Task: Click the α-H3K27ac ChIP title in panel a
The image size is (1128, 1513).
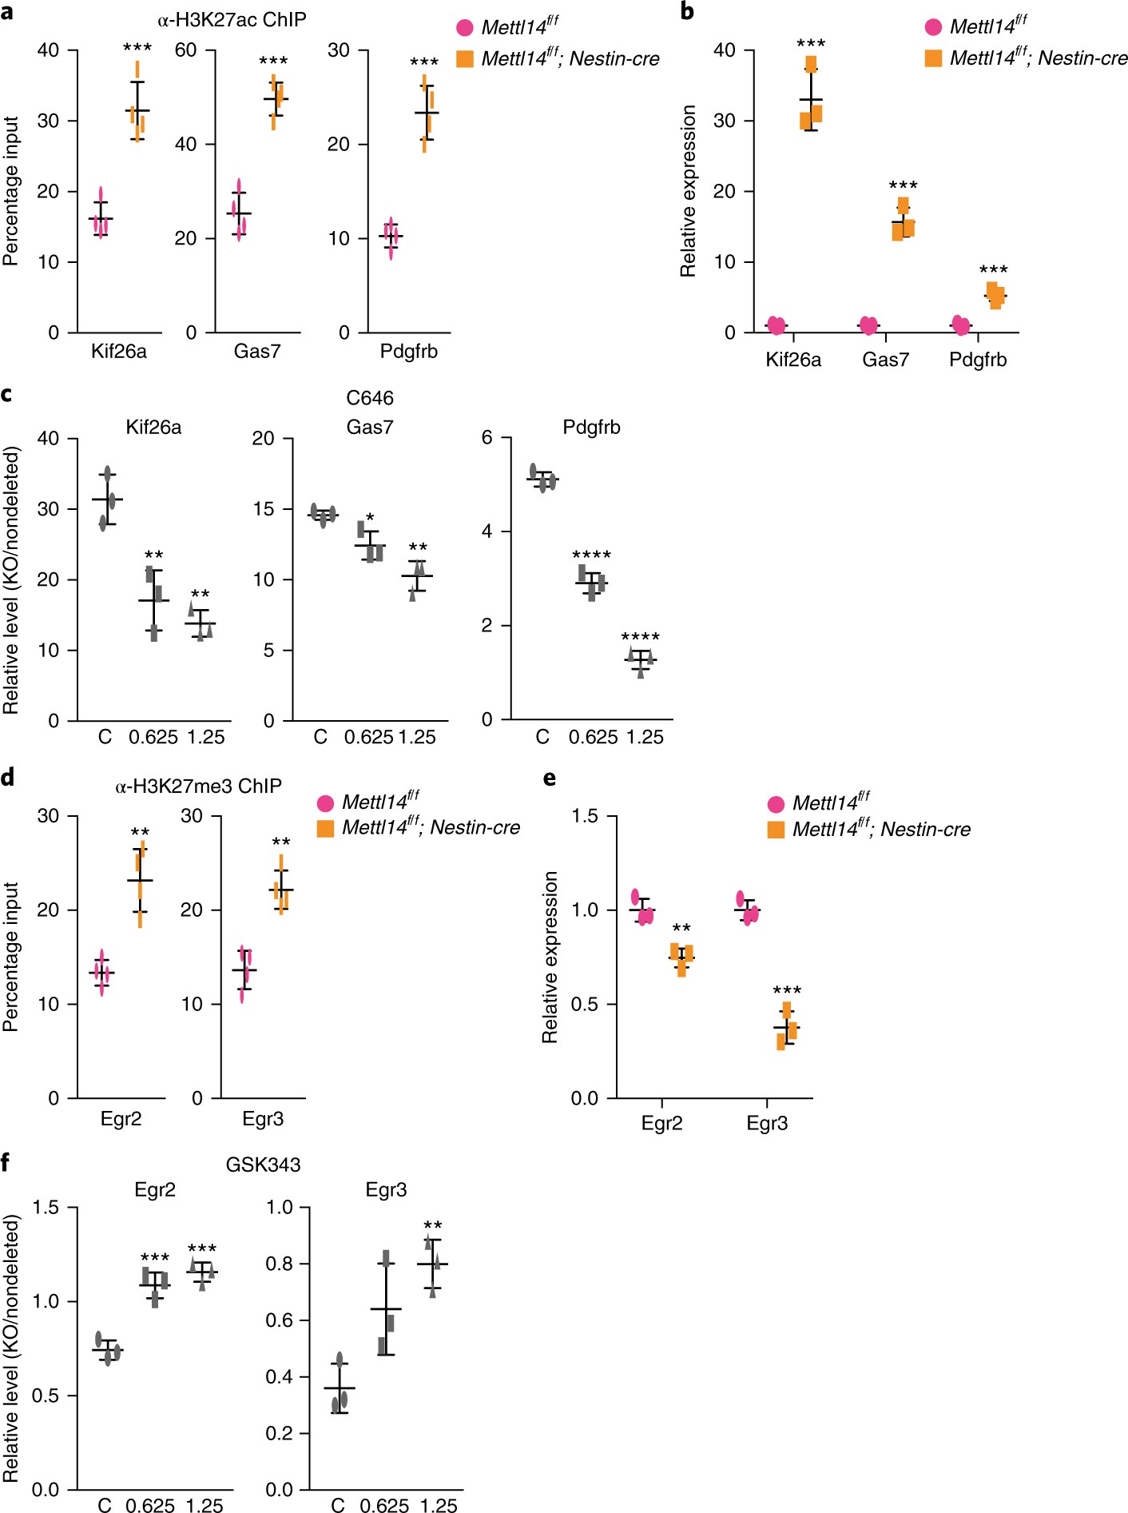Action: pyautogui.click(x=232, y=19)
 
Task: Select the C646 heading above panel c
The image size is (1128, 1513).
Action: pyautogui.click(x=370, y=397)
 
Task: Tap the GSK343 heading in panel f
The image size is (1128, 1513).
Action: pyautogui.click(x=263, y=1165)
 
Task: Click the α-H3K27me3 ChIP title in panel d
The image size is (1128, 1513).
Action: pyautogui.click(x=198, y=786)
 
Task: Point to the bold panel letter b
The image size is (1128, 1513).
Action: pyautogui.click(x=687, y=12)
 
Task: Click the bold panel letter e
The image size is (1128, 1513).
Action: pyautogui.click(x=550, y=778)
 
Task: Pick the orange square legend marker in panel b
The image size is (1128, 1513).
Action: pyautogui.click(x=933, y=58)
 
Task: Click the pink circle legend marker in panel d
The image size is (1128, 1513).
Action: pyautogui.click(x=325, y=803)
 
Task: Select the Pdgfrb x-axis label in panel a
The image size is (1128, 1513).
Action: pyautogui.click(x=408, y=351)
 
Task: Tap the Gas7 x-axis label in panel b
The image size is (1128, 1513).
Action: pyautogui.click(x=885, y=360)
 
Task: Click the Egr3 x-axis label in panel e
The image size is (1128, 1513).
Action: pyautogui.click(x=767, y=1123)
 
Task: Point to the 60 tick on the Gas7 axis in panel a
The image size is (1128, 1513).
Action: pyautogui.click(x=185, y=50)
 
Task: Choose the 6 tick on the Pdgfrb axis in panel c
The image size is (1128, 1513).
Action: pyautogui.click(x=487, y=437)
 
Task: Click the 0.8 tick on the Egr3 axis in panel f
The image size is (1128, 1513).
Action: pyautogui.click(x=279, y=1264)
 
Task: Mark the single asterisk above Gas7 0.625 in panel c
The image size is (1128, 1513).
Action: pyautogui.click(x=370, y=518)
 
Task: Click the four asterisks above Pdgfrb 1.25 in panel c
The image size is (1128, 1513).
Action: pyautogui.click(x=640, y=637)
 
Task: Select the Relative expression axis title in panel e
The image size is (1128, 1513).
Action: pyautogui.click(x=550, y=957)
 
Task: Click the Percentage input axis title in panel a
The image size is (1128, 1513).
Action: pyautogui.click(x=10, y=191)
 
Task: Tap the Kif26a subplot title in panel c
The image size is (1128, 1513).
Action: pyautogui.click(x=153, y=428)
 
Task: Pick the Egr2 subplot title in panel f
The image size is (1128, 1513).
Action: pyautogui.click(x=155, y=1190)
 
